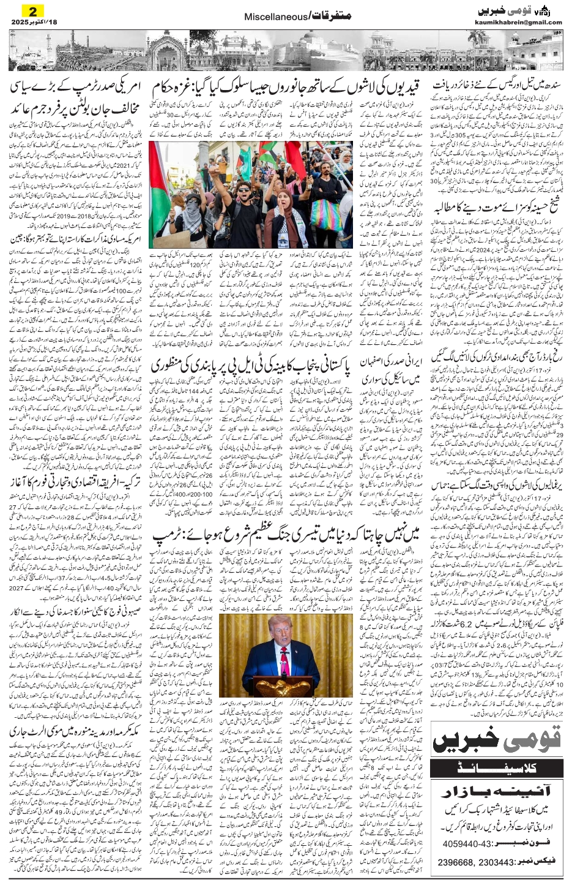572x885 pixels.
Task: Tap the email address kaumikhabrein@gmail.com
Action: [x=518, y=23]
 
